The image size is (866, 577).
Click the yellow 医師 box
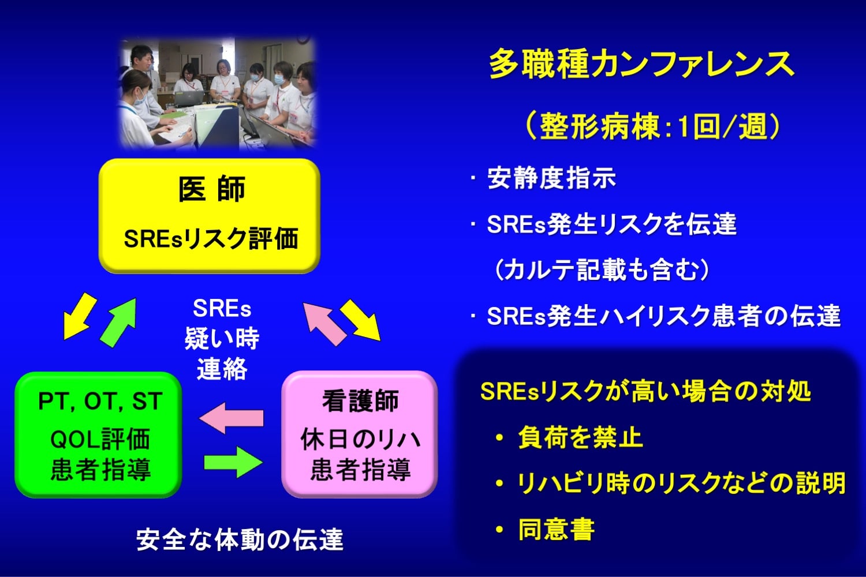tap(210, 216)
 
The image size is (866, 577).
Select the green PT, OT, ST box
tap(99, 435)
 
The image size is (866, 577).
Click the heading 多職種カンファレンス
tap(641, 64)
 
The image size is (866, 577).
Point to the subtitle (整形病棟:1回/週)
tap(653, 126)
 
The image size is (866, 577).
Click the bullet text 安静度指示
tap(551, 178)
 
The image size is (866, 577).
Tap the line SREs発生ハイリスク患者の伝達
tap(663, 316)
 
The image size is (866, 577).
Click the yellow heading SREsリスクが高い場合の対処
tap(645, 391)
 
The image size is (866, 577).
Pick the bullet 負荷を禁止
tap(580, 437)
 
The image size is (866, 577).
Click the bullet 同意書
tap(556, 529)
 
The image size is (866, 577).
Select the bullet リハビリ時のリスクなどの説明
tap(681, 483)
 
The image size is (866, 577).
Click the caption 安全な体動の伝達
tap(240, 539)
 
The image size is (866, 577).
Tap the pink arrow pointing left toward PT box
tap(231, 418)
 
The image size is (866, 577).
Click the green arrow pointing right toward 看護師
tap(233, 462)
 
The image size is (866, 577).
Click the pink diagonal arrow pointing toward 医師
tap(324, 324)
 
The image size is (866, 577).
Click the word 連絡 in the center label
tap(222, 369)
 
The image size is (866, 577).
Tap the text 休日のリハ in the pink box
tap(360, 440)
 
